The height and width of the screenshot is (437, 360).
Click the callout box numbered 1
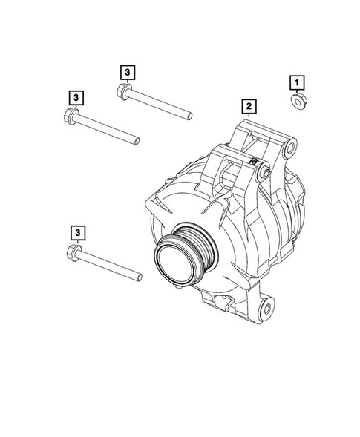tap(296, 81)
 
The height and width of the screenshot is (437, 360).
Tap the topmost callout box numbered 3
tap(127, 71)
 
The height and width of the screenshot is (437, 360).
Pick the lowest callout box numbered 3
tap(75, 232)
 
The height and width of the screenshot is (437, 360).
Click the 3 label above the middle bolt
tap(76, 97)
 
